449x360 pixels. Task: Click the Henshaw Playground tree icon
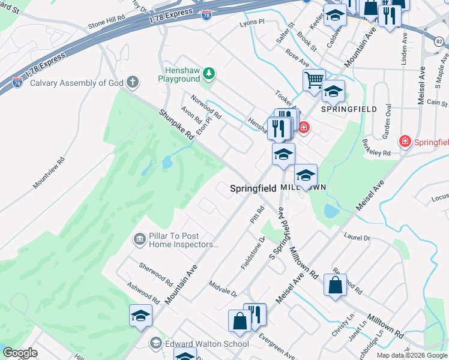click(x=208, y=73)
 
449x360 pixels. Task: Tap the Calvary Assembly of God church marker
click(x=133, y=83)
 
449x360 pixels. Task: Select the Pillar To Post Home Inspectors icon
click(x=139, y=239)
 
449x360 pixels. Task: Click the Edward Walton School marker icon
click(x=156, y=343)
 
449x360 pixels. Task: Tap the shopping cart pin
click(x=314, y=80)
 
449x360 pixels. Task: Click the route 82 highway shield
click(x=440, y=40)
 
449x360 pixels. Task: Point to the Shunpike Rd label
click(x=176, y=125)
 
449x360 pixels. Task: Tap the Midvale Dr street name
click(x=223, y=288)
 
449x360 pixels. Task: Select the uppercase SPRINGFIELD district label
click(x=349, y=109)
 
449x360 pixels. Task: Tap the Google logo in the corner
click(x=20, y=353)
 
